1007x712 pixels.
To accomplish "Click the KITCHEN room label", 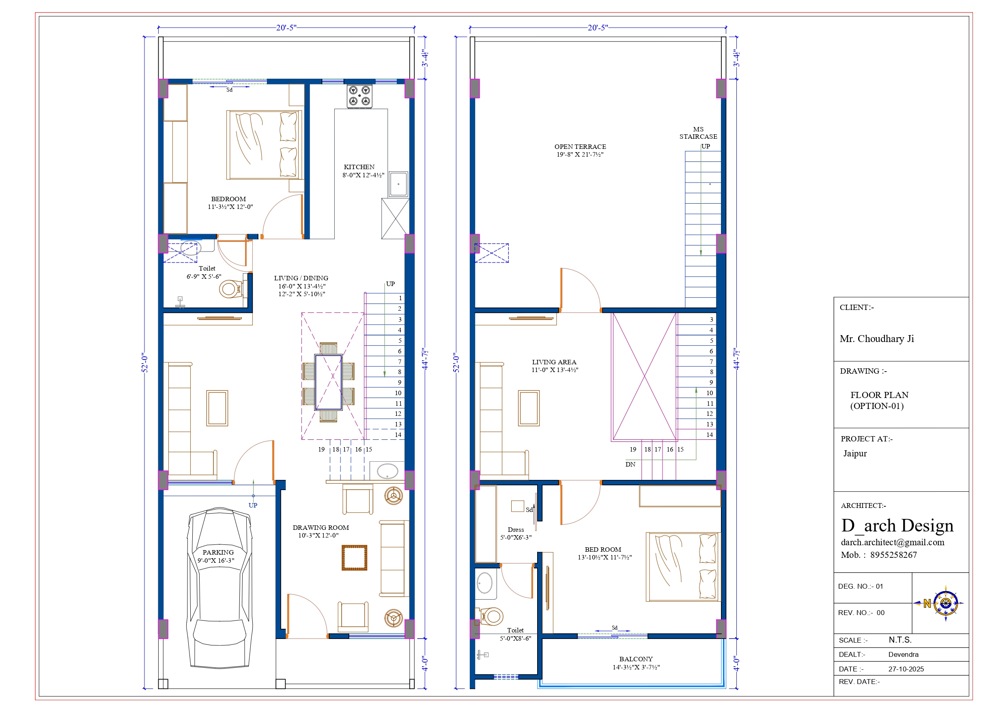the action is [359, 167].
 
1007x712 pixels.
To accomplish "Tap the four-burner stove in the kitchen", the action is [359, 96].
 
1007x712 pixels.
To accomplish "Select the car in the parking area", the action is [219, 588].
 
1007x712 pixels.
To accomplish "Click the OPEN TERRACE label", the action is [580, 146].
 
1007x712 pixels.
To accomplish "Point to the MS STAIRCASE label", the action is [698, 133].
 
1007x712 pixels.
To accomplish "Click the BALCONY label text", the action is [636, 659].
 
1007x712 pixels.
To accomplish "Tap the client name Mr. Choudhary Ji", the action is [877, 339].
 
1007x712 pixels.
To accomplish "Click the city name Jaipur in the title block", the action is [855, 454].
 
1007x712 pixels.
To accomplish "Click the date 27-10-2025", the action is [906, 669].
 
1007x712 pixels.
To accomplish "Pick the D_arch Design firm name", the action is [897, 525].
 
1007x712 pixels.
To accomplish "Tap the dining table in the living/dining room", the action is [328, 382].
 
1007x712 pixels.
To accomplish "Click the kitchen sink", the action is [398, 184].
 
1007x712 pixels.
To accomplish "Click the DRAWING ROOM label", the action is [321, 528].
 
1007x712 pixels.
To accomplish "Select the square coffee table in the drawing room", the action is [354, 557].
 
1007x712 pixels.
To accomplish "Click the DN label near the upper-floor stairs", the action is [630, 464].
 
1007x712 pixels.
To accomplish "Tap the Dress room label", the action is [516, 529].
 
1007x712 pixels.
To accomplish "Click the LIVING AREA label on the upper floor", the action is [554, 362].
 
